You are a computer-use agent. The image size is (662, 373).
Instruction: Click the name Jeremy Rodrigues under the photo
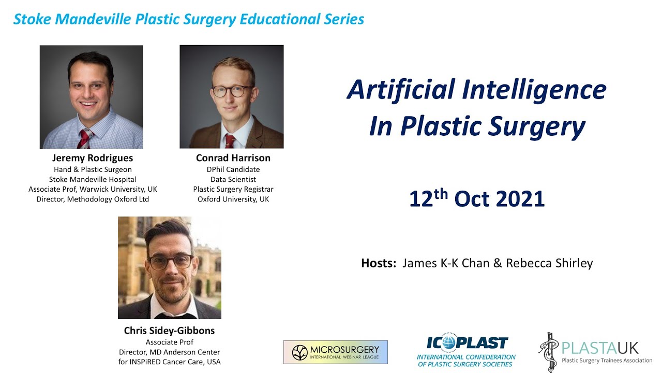pos(93,158)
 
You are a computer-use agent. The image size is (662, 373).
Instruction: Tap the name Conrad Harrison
pos(233,158)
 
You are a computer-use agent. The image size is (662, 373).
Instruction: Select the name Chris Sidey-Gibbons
pos(169,331)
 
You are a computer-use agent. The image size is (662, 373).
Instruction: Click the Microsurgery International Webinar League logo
pos(335,352)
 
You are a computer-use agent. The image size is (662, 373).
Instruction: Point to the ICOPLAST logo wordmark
pos(467,343)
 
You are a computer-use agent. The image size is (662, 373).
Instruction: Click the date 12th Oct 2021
pos(476,199)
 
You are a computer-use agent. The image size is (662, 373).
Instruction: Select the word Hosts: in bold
pos(379,263)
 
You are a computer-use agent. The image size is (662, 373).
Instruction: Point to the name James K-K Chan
pos(446,263)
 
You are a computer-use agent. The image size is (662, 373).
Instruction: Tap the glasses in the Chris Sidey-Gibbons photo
pos(171,261)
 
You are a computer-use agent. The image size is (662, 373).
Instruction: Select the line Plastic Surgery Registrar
pos(233,189)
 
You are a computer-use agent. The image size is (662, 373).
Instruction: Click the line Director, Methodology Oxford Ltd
pos(93,199)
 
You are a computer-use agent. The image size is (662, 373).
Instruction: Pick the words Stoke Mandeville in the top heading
pos(72,19)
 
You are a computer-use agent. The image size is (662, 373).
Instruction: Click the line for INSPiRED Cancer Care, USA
pos(169,362)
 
